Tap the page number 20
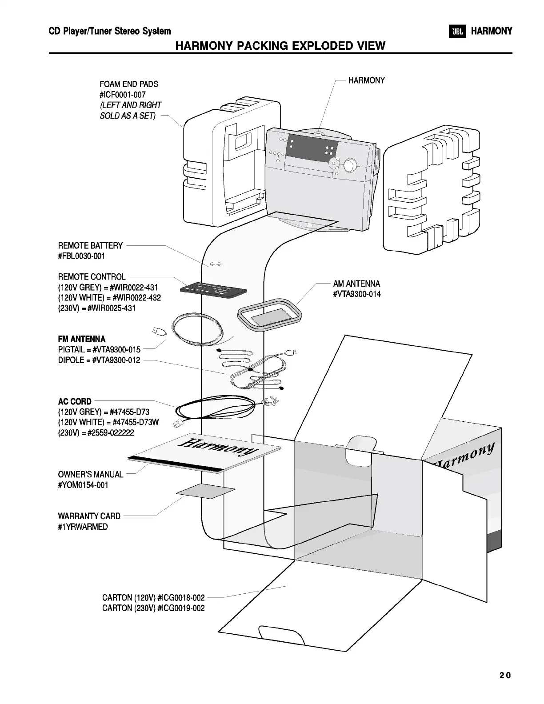click(x=505, y=675)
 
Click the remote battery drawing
click(x=215, y=264)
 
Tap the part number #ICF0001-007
click(x=123, y=95)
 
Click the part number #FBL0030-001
click(x=82, y=256)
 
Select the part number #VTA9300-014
click(x=357, y=294)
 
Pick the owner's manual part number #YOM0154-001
click(x=83, y=485)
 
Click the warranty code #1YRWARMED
click(x=83, y=527)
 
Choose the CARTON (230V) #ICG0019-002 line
click(x=153, y=608)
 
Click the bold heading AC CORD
click(x=75, y=401)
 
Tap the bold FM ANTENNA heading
click(x=82, y=339)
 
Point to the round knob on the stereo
click(x=350, y=165)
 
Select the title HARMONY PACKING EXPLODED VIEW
click(x=280, y=45)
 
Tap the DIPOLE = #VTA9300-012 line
click(x=99, y=360)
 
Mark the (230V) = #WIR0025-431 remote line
click(x=97, y=308)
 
